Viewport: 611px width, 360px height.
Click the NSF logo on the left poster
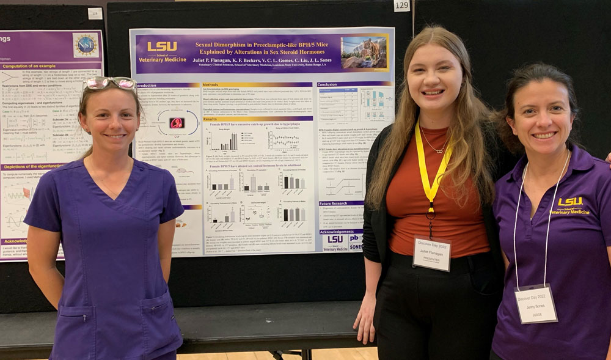click(85, 45)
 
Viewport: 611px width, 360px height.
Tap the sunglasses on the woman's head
click(109, 83)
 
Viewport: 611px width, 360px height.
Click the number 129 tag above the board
click(401, 6)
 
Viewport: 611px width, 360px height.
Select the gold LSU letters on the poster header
click(162, 46)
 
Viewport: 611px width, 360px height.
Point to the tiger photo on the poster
click(364, 53)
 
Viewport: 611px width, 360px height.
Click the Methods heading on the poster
click(211, 85)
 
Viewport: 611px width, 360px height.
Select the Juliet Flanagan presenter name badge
click(432, 253)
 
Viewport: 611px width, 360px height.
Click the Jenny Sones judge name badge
click(536, 304)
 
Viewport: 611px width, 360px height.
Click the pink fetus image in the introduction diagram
click(177, 122)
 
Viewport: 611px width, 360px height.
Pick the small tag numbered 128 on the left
click(95, 13)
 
